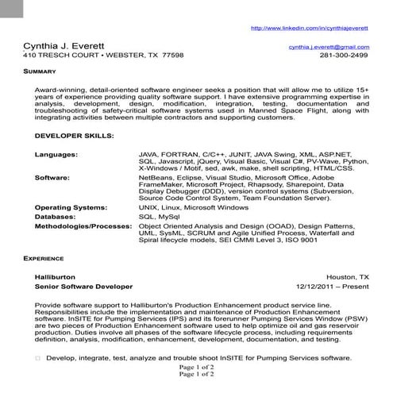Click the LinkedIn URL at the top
pyautogui.click(x=309, y=28)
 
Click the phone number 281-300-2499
pyautogui.click(x=344, y=56)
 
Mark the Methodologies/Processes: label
pyautogui.click(x=83, y=225)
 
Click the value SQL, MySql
pyautogui.click(x=159, y=216)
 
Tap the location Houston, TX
pyautogui.click(x=348, y=275)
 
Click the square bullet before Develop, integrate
pyautogui.click(x=37, y=359)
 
